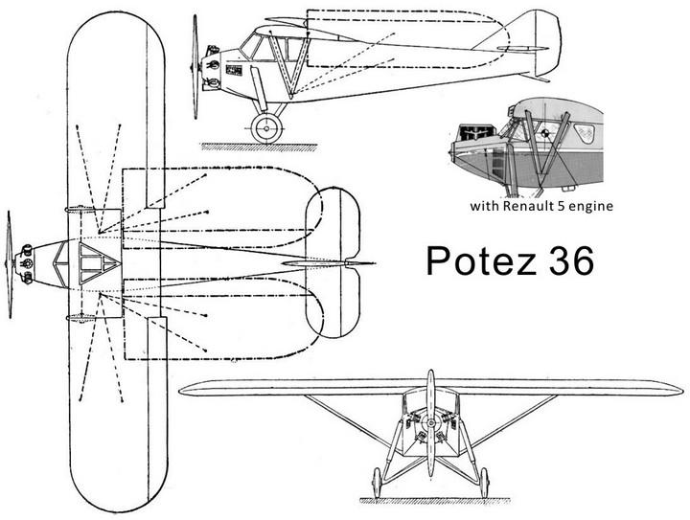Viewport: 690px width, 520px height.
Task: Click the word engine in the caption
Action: (589, 206)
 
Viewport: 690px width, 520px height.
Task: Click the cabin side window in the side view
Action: (257, 45)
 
